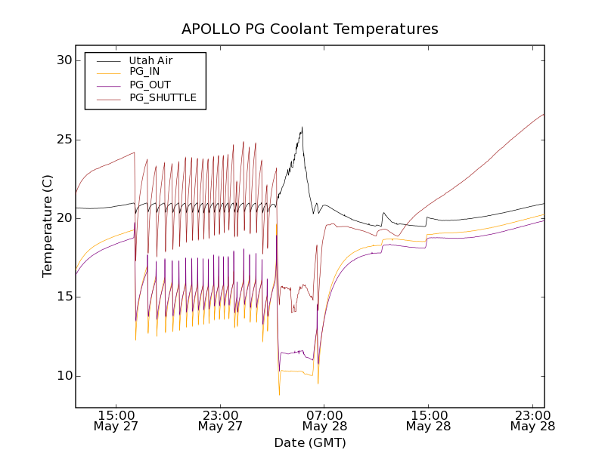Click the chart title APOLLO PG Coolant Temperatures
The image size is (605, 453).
tap(309, 29)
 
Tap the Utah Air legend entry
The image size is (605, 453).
tap(150, 60)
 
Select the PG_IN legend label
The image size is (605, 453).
tap(144, 72)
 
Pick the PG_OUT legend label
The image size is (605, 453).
tap(149, 85)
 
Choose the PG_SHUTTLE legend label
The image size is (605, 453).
tap(163, 97)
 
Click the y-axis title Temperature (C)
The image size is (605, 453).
tap(48, 226)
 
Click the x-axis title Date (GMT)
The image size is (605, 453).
tap(309, 442)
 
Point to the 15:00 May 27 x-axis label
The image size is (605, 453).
tap(116, 421)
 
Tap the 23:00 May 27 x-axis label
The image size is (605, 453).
tap(221, 421)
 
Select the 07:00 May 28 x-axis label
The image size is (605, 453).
tap(324, 421)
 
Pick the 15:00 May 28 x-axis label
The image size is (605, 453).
tap(429, 421)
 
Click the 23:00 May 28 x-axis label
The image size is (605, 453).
tap(532, 421)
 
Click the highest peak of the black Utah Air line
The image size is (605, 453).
tap(302, 127)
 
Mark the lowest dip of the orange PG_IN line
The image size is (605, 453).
tap(279, 395)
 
